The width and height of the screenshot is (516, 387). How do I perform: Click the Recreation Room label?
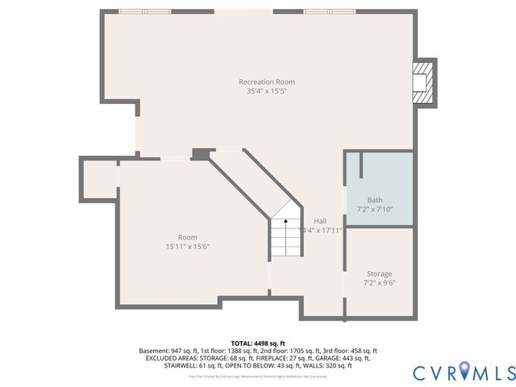tap(266, 81)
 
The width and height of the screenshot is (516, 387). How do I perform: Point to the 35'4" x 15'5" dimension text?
tap(266, 91)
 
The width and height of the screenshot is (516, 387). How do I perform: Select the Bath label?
tap(375, 200)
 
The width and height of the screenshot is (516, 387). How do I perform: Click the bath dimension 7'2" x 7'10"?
tap(375, 210)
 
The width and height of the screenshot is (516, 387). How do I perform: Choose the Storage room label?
tap(379, 273)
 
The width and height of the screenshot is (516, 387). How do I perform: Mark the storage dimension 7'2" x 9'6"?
tap(379, 283)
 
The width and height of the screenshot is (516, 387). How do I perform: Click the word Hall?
tap(320, 220)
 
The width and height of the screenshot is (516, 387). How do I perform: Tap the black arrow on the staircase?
tap(285, 220)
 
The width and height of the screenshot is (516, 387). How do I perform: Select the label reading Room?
tap(188, 237)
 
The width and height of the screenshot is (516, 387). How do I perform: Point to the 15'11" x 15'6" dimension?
tap(188, 247)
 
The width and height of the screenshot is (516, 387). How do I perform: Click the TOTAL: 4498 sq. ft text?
tap(258, 343)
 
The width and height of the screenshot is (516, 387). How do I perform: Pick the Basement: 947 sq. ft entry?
tap(169, 351)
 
